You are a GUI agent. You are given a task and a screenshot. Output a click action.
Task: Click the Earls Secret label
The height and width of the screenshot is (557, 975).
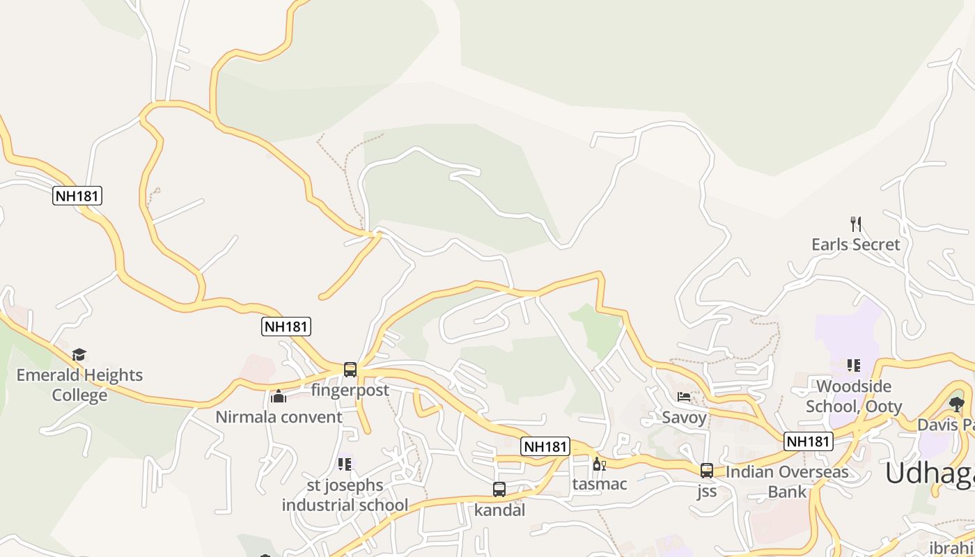coord(855,244)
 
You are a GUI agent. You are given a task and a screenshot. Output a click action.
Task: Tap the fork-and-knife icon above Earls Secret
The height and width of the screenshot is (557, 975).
coord(856,223)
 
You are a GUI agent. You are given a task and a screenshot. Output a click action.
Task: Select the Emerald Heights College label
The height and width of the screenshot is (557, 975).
coord(79,385)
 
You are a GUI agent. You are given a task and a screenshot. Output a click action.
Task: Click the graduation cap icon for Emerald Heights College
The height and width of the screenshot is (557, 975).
coord(79,354)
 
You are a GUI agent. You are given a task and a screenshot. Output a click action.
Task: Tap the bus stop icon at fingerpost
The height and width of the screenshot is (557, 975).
coord(350,370)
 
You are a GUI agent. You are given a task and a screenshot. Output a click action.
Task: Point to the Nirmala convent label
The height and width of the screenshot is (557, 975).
coord(279,417)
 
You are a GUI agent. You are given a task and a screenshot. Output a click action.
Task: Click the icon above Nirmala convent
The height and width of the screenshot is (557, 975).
coord(279,396)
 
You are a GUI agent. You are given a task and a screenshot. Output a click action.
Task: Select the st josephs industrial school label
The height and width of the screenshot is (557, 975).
coord(345,495)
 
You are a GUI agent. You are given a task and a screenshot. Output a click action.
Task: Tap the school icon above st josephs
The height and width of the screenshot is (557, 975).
coord(345,464)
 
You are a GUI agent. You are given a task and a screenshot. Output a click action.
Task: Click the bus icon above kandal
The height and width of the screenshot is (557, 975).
coord(499,489)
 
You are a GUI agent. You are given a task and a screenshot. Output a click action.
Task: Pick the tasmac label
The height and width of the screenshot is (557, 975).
coord(599,484)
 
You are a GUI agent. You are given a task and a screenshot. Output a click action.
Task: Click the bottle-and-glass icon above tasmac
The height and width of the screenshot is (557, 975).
coord(599,464)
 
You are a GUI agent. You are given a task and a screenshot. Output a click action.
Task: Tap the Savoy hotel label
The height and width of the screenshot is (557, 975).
coord(684,418)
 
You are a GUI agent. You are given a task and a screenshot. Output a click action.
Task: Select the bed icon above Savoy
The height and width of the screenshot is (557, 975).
coord(684,397)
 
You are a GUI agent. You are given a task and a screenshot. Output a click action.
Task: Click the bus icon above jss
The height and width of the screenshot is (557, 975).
coord(707,471)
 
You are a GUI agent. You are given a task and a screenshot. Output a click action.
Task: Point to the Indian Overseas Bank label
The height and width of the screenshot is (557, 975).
coord(787,482)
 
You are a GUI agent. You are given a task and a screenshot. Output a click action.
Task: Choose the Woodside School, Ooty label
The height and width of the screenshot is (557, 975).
coord(854,396)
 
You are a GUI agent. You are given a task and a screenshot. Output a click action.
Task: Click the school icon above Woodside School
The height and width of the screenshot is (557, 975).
coord(854,366)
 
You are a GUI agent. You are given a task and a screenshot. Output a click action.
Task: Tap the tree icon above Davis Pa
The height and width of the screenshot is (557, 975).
coord(957,404)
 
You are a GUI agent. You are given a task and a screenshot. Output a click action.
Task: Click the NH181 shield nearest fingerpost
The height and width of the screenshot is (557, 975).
coord(286,326)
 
